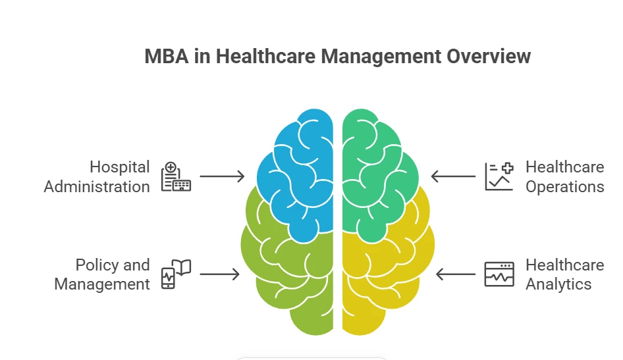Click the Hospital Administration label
pos(97,176)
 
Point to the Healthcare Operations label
pos(564,176)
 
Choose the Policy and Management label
pos(102,274)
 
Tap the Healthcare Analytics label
pos(564,274)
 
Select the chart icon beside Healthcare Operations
pos(499,176)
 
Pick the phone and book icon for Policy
pos(176,274)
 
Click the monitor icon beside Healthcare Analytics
pos(499,274)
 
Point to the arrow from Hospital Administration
pos(222,176)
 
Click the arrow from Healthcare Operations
pos(453,176)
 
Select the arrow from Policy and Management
pos(219,274)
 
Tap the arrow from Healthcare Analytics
pos(456,274)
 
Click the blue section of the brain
pos(296,174)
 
